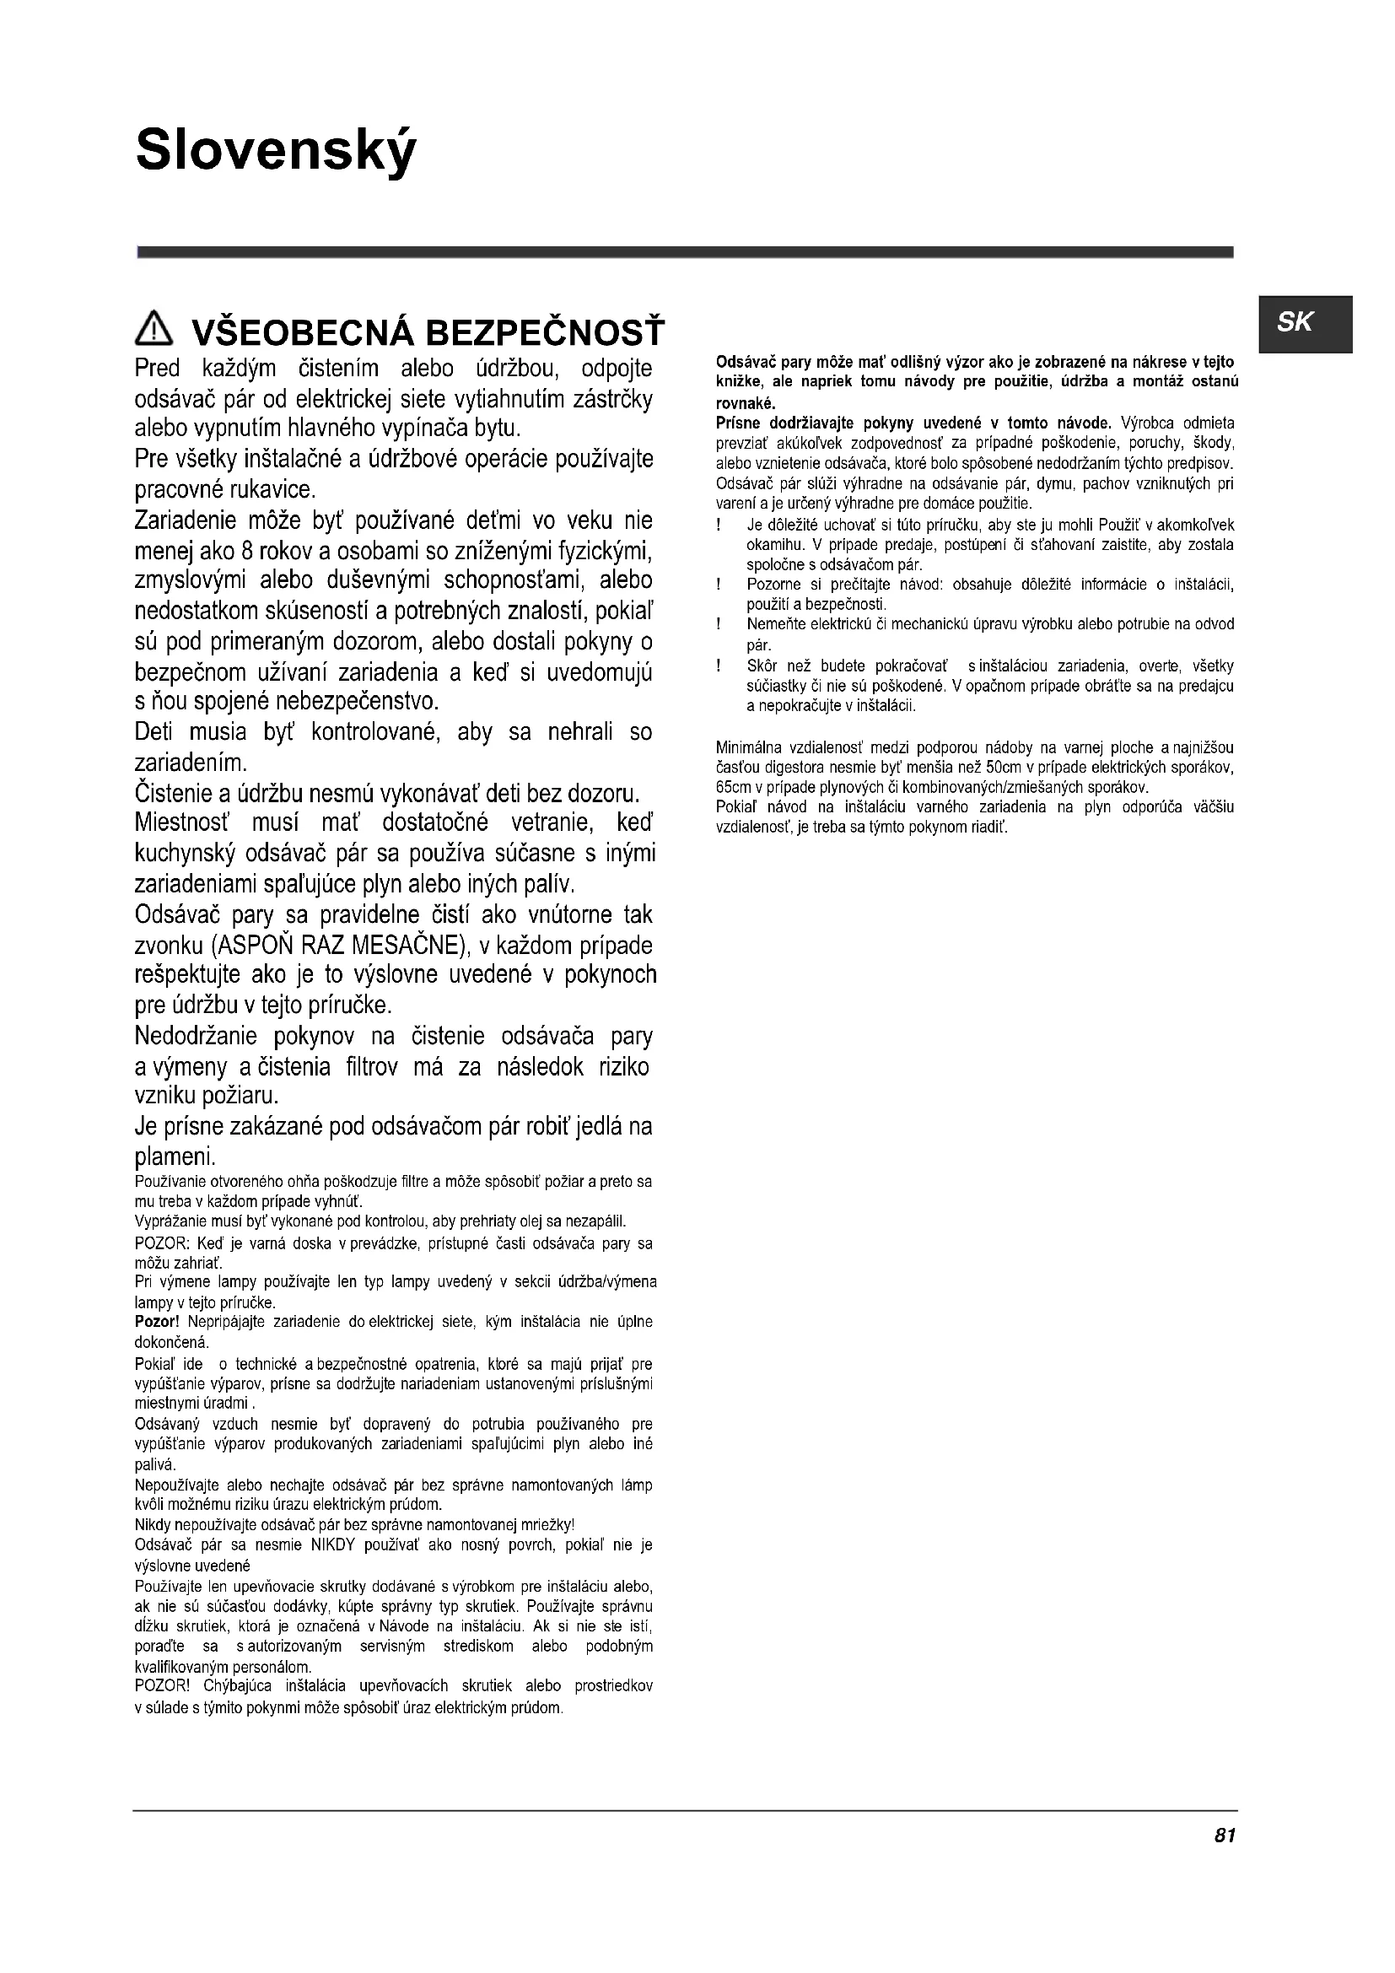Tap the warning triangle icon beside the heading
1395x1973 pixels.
pyautogui.click(x=154, y=329)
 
